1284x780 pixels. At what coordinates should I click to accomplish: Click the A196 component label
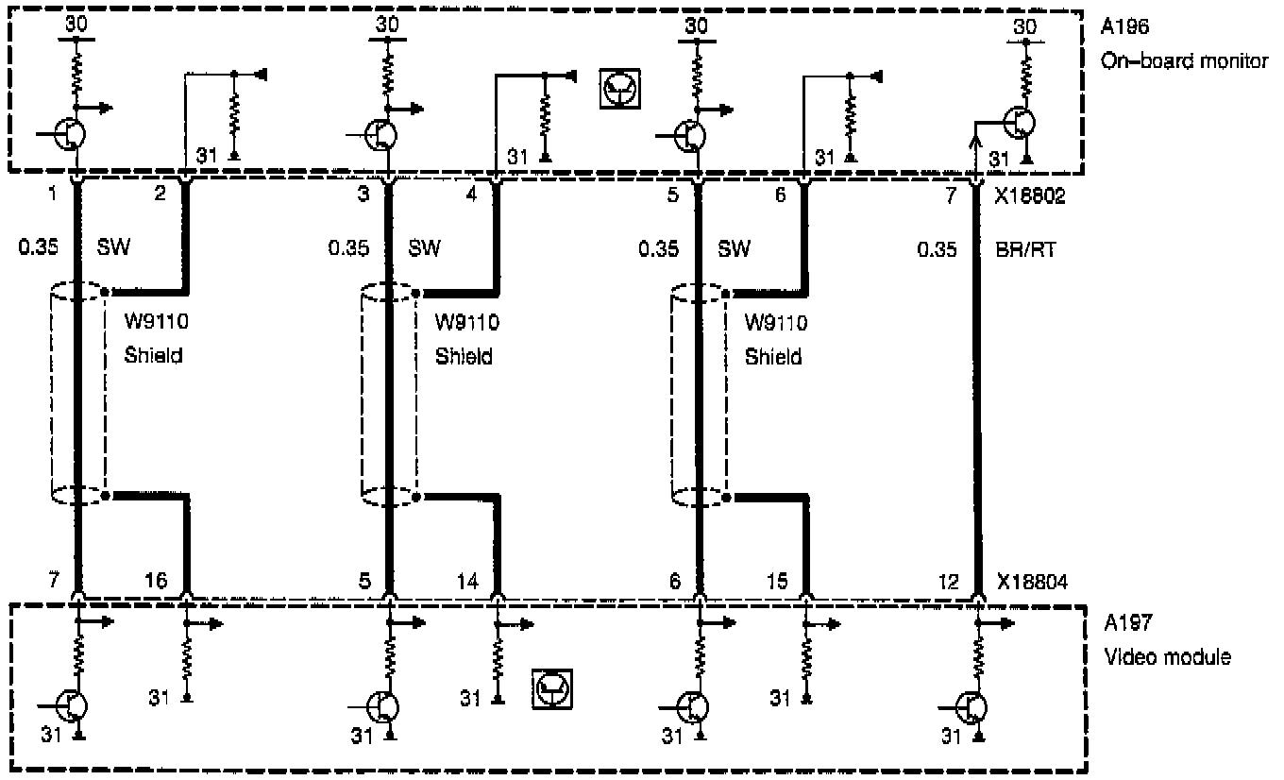[x=1123, y=27]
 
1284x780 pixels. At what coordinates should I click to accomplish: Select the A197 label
[x=1123, y=624]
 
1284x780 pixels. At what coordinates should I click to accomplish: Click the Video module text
[x=1168, y=656]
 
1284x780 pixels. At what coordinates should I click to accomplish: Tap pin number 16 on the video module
[x=157, y=581]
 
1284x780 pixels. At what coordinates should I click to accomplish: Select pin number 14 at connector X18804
[x=467, y=581]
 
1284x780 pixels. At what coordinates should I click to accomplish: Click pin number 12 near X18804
[x=951, y=582]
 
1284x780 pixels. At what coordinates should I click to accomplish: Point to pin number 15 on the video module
[x=777, y=582]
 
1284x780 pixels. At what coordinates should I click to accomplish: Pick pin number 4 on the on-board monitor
[x=472, y=196]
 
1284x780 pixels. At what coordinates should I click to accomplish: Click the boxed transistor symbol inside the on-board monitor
[x=620, y=89]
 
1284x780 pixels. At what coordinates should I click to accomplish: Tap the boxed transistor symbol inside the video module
[x=552, y=690]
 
